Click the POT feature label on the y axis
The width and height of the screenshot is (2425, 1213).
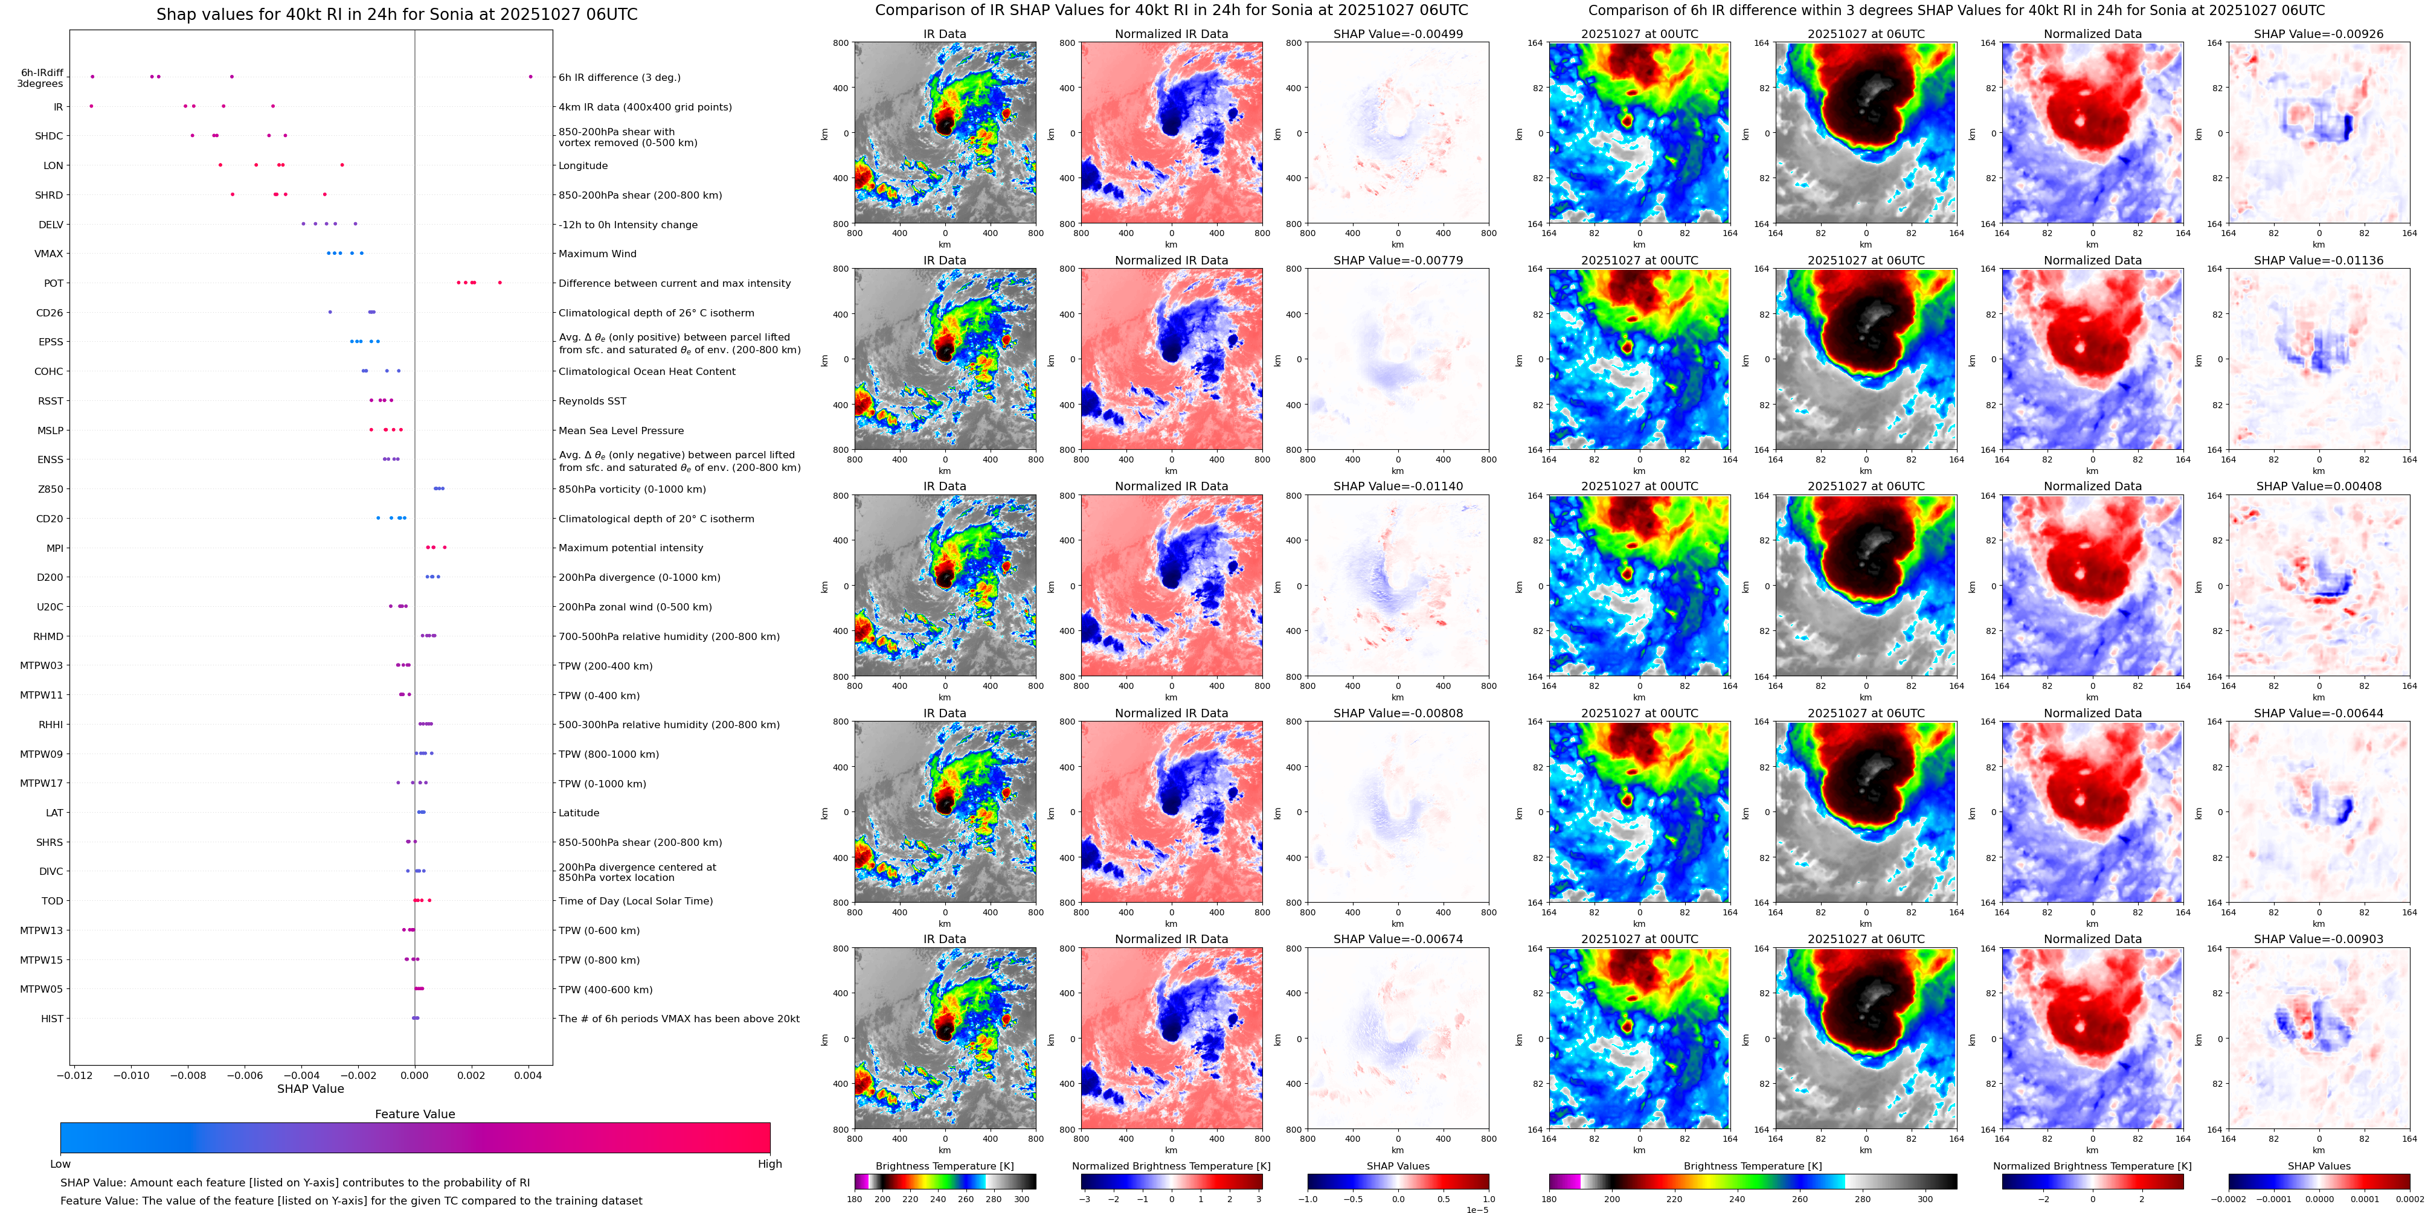tap(54, 283)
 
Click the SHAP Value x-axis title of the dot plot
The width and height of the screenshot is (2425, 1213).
tap(310, 1089)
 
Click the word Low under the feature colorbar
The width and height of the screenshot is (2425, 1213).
tap(60, 1164)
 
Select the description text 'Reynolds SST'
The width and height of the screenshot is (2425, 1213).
tap(592, 401)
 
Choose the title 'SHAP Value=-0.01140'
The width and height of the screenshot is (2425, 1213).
tap(1398, 487)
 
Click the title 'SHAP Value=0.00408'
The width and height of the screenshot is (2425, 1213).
tap(2319, 487)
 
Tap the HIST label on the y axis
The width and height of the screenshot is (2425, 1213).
tap(52, 1018)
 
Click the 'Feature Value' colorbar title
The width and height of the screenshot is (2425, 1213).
tap(414, 1114)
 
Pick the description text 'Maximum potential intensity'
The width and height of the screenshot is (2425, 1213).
tap(631, 548)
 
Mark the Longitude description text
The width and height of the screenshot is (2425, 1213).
tap(583, 165)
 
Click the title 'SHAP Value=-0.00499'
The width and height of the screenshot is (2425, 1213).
tap(1398, 34)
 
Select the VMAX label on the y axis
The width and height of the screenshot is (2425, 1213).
tap(49, 254)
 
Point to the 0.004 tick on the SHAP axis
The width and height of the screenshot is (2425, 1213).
tap(528, 1075)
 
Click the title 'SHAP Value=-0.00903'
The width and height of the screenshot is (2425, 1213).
tap(2319, 939)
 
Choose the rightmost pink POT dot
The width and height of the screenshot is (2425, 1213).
tap(500, 283)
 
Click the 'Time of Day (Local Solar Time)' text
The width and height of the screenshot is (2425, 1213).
tap(635, 901)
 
